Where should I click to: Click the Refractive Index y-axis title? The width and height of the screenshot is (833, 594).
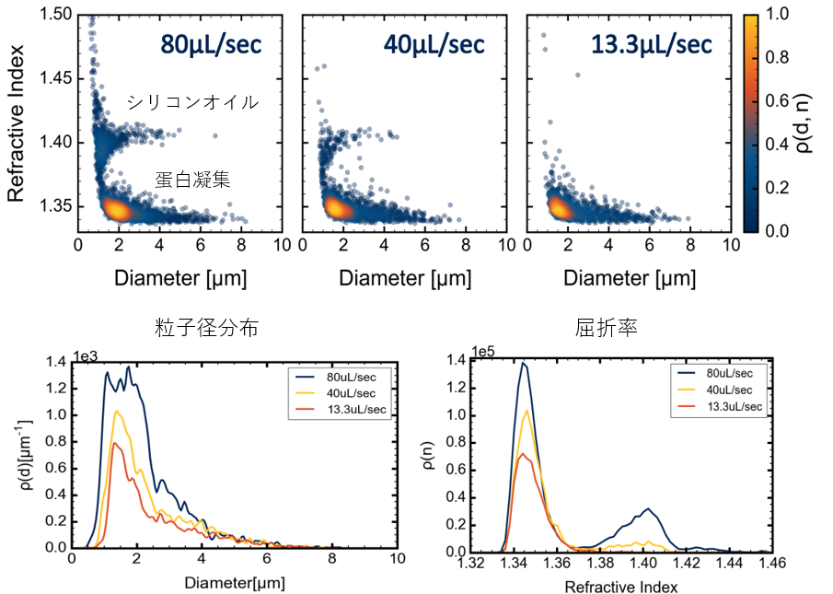pyautogui.click(x=17, y=120)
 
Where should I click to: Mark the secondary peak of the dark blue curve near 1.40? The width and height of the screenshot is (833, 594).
pyautogui.click(x=648, y=508)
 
